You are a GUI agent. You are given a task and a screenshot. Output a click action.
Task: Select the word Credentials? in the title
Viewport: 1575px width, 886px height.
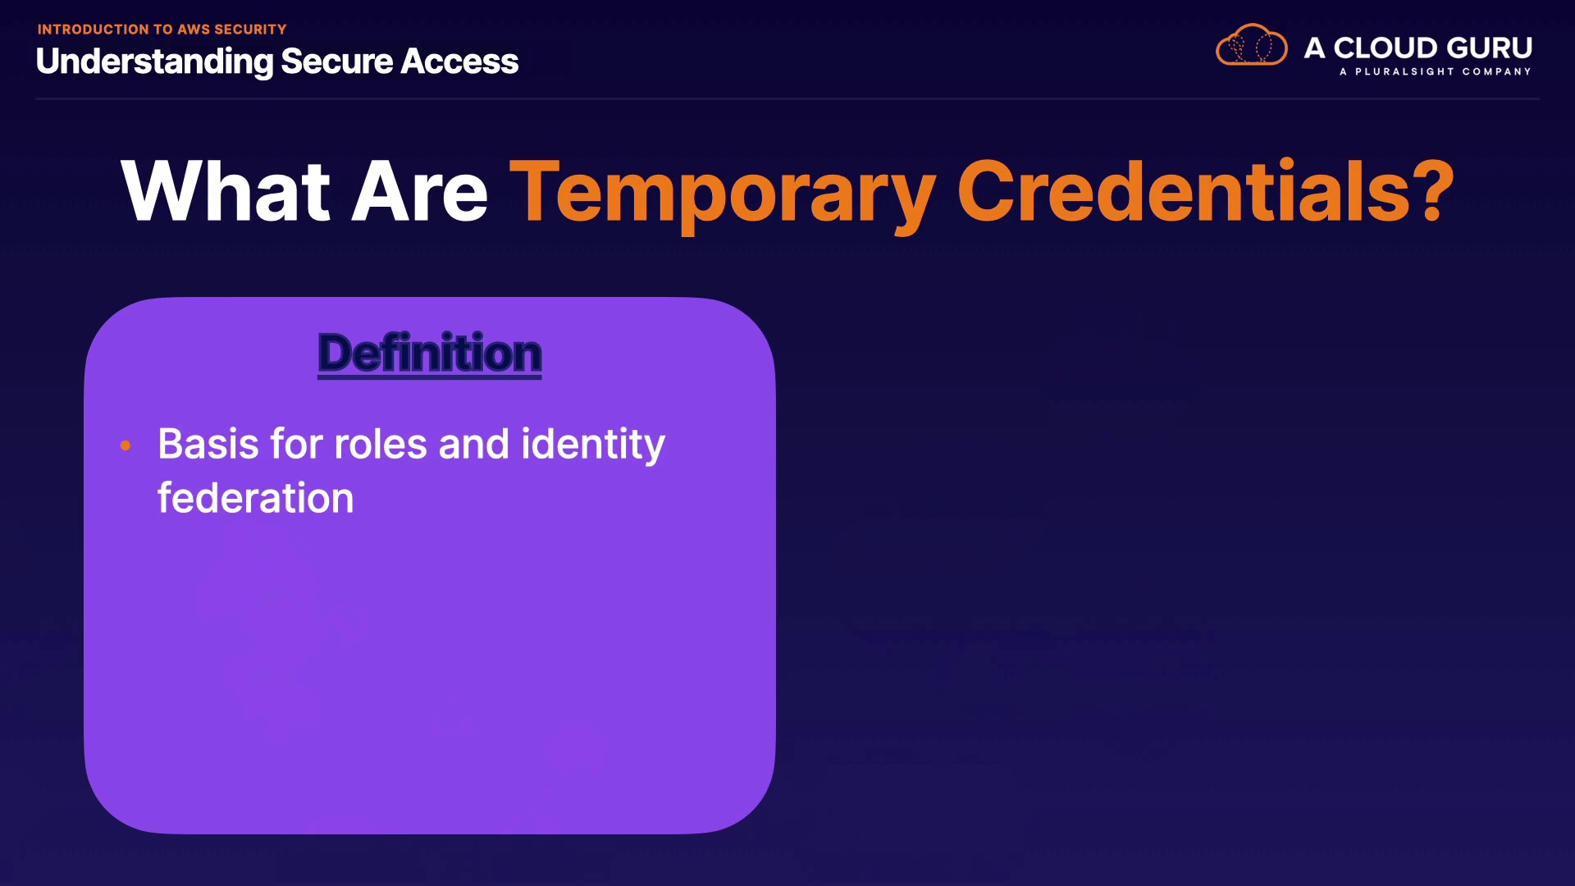tap(1206, 190)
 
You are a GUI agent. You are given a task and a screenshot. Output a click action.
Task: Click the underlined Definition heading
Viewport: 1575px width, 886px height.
tap(430, 354)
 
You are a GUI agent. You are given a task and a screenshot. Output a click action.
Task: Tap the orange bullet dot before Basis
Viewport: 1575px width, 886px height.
tap(126, 445)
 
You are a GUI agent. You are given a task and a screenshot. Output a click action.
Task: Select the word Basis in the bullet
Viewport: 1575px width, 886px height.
tap(208, 444)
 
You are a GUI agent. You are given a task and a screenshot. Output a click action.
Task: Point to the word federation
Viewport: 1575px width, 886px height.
tap(256, 498)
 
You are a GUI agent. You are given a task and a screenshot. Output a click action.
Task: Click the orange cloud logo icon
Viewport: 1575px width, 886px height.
tap(1251, 45)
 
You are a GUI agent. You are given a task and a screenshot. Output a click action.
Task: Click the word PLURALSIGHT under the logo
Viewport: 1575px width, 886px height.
tap(1404, 72)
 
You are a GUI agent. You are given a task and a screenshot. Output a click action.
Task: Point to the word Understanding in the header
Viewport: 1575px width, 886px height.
tap(154, 62)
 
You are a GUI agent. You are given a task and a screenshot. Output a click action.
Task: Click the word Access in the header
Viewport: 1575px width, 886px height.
tap(459, 62)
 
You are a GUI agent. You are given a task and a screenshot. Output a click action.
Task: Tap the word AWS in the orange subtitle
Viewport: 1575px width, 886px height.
tap(194, 30)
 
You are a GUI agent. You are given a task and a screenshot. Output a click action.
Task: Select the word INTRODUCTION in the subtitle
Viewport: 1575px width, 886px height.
tap(94, 30)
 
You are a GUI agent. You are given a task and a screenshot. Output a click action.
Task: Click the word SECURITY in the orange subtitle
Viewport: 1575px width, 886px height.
tap(250, 30)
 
